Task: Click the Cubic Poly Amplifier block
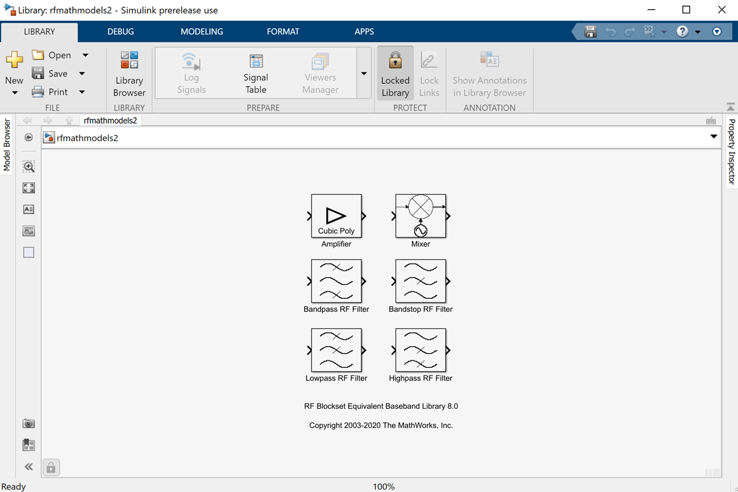(336, 216)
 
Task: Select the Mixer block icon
(420, 216)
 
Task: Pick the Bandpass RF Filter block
(336, 281)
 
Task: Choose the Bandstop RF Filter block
(420, 281)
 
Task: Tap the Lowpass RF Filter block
(336, 350)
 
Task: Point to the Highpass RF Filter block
(420, 350)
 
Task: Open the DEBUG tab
(120, 32)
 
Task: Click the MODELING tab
(202, 32)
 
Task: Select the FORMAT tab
(283, 32)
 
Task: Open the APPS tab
(364, 32)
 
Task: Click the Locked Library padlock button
(395, 73)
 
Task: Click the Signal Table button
(256, 73)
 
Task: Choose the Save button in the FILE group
(52, 73)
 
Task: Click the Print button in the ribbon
(52, 92)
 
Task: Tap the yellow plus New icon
(14, 60)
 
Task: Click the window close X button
(722, 10)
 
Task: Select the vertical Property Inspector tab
(731, 151)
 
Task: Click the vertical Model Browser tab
(7, 145)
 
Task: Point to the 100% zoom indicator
(384, 487)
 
